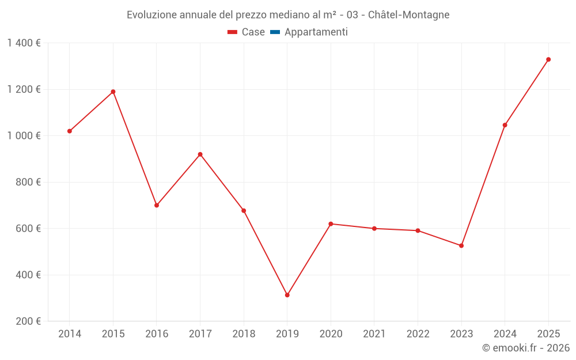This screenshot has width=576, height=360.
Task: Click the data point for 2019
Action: tap(287, 295)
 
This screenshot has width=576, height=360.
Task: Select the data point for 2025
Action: tap(548, 59)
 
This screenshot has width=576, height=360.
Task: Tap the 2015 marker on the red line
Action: tap(113, 92)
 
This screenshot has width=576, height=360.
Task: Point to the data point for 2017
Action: tap(200, 154)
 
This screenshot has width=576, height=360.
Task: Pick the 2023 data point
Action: tap(461, 246)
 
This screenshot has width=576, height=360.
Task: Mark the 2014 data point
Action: tap(70, 131)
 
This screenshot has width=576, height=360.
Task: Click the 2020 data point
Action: tap(331, 224)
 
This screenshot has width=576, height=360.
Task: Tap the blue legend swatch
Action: tap(275, 32)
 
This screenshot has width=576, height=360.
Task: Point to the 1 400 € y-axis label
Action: tap(24, 43)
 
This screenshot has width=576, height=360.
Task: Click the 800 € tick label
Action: tap(29, 182)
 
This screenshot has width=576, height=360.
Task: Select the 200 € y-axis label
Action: tap(29, 321)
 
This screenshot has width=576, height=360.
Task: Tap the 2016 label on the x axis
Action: tap(157, 334)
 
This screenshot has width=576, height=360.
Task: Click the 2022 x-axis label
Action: tap(418, 334)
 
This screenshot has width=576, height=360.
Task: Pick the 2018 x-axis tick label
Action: tap(244, 334)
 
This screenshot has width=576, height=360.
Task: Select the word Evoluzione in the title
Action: tap(151, 15)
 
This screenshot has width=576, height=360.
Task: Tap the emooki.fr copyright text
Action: tap(525, 348)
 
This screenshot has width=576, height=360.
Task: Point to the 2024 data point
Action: tap(505, 125)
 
